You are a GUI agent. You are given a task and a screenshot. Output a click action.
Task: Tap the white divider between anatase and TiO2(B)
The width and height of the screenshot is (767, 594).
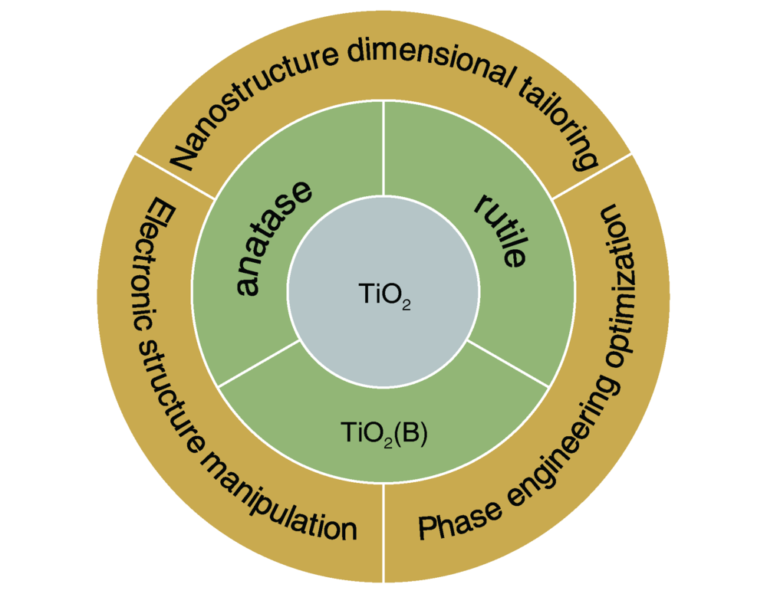258,363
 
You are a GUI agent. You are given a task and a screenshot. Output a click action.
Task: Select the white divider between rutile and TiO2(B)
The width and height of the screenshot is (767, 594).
509,363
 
